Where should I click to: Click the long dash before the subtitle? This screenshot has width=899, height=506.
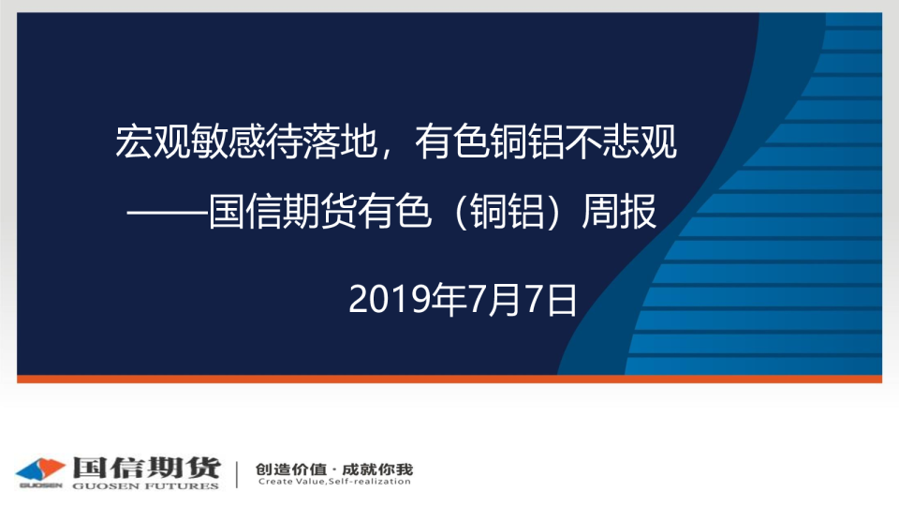(168, 214)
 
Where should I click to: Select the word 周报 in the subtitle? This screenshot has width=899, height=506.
(619, 212)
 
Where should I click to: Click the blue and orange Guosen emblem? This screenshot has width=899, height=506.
(40, 471)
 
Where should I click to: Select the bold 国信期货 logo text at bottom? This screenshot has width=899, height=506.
(147, 469)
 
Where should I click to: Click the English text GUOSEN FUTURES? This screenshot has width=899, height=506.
(146, 486)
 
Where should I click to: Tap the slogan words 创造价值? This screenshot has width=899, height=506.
(291, 469)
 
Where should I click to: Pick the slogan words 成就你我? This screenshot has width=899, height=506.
(377, 469)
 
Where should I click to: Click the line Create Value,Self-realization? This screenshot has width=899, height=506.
(334, 482)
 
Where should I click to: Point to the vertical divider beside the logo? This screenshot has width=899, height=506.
(237, 474)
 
